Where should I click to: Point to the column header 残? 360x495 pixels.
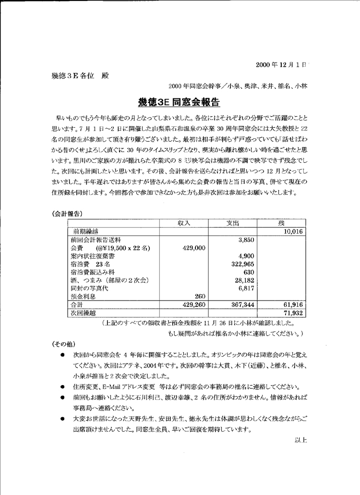[281, 223]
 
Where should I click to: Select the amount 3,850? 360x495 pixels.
[245, 240]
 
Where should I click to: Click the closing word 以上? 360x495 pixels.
[300, 439]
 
